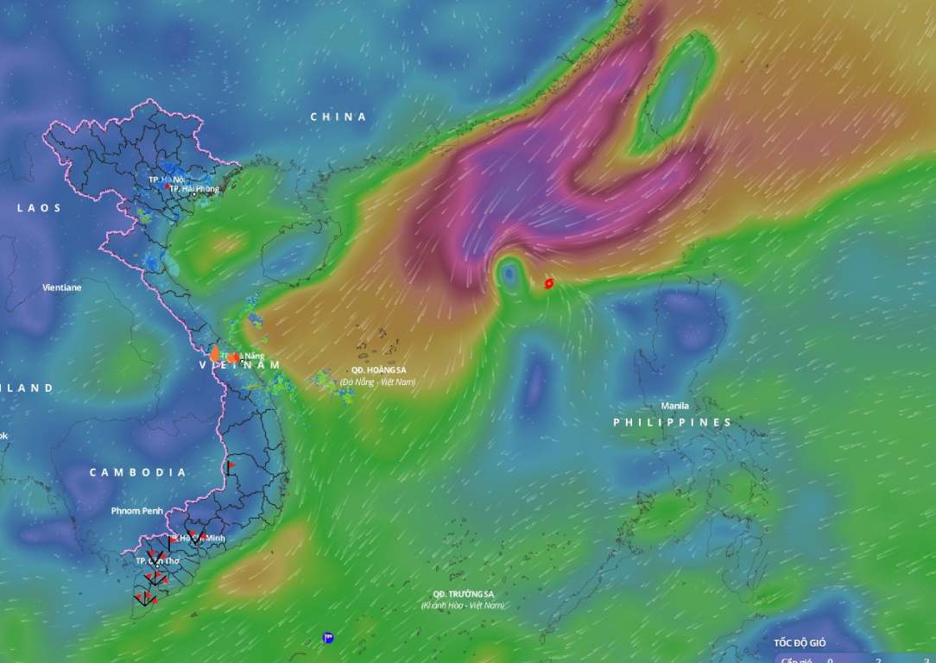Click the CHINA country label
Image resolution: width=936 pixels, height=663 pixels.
[338, 117]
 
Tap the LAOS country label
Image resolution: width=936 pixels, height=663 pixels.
[40, 208]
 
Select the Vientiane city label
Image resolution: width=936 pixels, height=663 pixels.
[62, 287]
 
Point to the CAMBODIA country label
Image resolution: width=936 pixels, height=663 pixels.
[137, 472]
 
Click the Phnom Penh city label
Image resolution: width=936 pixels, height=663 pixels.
[136, 511]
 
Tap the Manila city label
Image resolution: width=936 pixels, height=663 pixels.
[675, 406]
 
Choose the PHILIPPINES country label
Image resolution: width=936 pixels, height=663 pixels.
[673, 422]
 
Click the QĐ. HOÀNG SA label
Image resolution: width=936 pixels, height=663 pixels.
[377, 370]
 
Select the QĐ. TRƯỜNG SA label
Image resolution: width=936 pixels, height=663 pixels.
[464, 595]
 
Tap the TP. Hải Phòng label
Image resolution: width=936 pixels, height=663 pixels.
[194, 188]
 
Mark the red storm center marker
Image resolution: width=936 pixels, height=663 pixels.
[548, 283]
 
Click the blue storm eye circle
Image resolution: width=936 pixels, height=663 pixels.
[509, 275]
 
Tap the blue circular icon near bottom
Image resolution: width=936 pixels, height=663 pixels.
[328, 638]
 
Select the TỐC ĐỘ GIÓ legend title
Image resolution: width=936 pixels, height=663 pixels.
[800, 643]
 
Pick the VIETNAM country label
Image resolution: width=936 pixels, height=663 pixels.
[240, 365]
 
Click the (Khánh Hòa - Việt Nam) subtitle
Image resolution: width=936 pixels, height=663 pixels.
[463, 606]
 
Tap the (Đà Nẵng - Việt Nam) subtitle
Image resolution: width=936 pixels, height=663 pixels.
[377, 382]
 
